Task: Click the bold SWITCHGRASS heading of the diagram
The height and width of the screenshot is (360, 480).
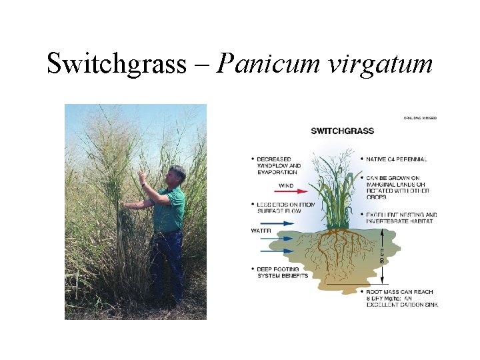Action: coord(343,131)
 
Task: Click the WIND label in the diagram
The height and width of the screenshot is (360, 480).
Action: coord(286,185)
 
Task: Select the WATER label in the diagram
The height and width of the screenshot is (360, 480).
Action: coord(261,230)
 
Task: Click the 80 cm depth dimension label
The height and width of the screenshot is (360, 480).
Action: coord(382,255)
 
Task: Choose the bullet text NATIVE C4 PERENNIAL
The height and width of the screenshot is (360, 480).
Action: coord(397,159)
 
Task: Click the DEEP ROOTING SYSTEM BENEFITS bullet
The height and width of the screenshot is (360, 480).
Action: coord(280,273)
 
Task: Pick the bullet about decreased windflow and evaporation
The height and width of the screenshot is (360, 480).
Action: coord(277,165)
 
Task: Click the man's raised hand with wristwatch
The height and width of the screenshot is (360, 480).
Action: coord(142,178)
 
